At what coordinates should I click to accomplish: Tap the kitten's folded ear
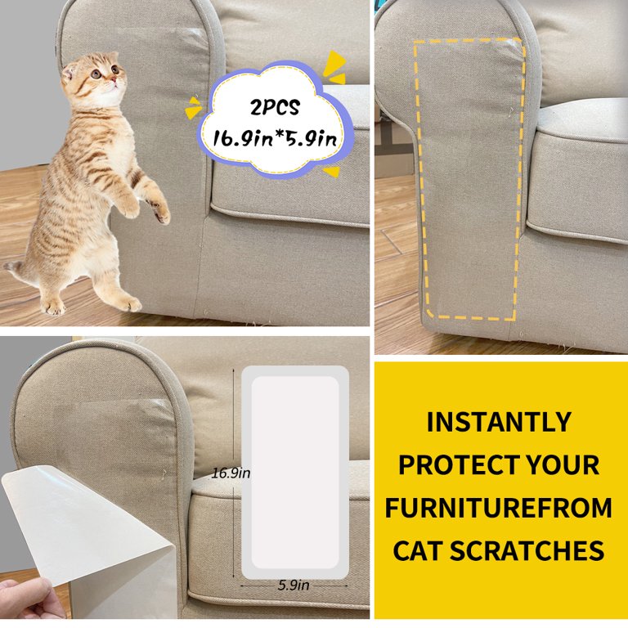tap(68, 73)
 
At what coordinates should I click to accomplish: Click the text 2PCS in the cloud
tap(275, 107)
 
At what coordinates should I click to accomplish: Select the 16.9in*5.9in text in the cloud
tap(275, 139)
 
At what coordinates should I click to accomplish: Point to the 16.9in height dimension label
tap(231, 473)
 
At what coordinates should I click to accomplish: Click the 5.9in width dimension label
tap(294, 585)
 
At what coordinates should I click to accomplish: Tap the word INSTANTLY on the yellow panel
tap(499, 422)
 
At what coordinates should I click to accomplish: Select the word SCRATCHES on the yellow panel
tap(527, 550)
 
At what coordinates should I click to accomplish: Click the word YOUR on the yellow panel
tap(563, 464)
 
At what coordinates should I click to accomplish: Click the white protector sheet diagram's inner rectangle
tap(295, 472)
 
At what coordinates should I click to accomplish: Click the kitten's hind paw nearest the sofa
tap(128, 303)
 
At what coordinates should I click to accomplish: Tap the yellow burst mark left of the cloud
tap(193, 107)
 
